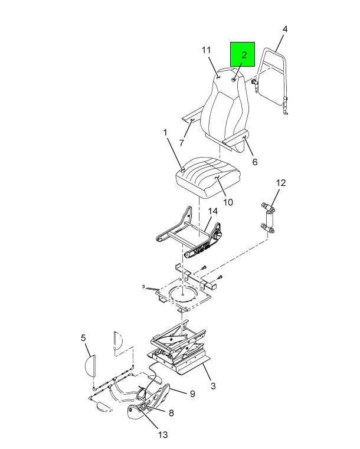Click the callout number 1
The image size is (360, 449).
coord(165,133)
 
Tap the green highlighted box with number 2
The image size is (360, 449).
coord(243,54)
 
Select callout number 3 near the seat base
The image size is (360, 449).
coord(213,386)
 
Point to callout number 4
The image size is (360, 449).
coord(284,30)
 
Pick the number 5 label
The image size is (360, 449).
coord(83,338)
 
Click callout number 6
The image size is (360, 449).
coord(254,162)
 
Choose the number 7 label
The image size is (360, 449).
coord(182,143)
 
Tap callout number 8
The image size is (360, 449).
coord(171,413)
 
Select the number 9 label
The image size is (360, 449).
coord(192,394)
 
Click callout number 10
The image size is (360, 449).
coord(228,202)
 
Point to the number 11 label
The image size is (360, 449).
coord(206,50)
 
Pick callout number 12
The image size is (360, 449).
coord(281,183)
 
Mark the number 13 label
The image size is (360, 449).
coord(163,435)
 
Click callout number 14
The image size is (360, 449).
coord(213,211)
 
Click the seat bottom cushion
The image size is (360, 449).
coord(207,177)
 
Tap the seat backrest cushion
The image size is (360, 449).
coord(224,106)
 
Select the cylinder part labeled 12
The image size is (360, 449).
coord(270,219)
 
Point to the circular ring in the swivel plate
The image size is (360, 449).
coord(182,294)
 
